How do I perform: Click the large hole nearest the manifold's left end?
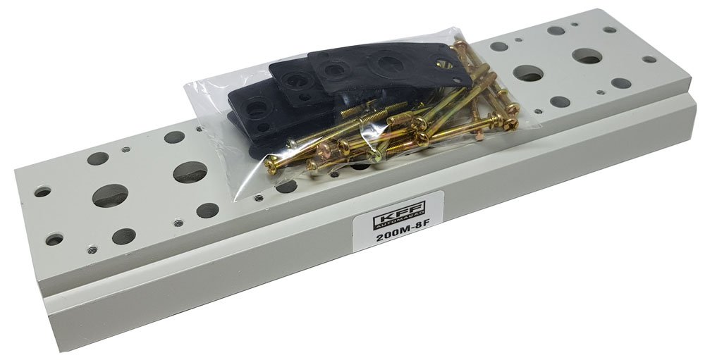[110, 196]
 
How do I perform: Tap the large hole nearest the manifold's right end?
[587, 56]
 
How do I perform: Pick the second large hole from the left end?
[190, 172]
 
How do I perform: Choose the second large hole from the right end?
[528, 73]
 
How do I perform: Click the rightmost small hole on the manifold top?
[649, 59]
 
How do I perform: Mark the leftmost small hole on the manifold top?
[43, 192]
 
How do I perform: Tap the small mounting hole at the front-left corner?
[54, 240]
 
